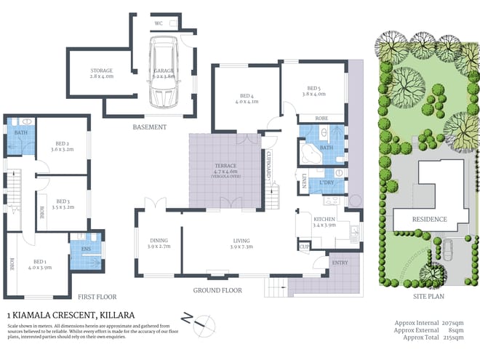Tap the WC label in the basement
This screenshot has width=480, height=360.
(x=159, y=23)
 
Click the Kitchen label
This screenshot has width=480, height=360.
(x=323, y=220)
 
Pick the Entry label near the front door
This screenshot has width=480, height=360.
(x=340, y=262)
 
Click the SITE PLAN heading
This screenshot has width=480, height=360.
(x=426, y=297)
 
